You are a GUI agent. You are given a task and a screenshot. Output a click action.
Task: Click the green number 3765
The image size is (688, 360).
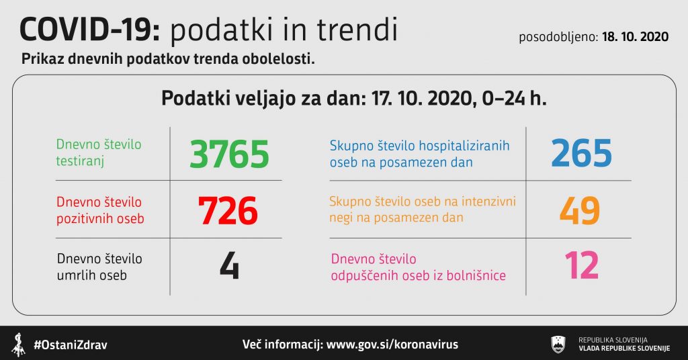click(x=229, y=154)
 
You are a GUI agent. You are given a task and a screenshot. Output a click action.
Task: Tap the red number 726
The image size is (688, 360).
click(x=228, y=211)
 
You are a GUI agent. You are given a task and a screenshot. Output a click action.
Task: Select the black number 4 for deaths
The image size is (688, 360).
click(x=230, y=265)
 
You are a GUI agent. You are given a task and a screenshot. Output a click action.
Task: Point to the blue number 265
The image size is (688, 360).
click(x=581, y=153)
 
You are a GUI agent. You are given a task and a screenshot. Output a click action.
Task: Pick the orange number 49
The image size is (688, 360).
click(x=580, y=210)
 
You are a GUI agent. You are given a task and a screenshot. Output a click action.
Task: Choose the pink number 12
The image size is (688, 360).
click(x=581, y=265)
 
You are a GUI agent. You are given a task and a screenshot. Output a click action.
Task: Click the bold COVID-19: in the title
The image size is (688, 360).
click(x=91, y=30)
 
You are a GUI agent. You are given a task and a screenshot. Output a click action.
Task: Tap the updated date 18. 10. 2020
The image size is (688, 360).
click(x=636, y=37)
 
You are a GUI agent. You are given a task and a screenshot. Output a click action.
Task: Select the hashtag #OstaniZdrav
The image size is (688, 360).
click(x=70, y=345)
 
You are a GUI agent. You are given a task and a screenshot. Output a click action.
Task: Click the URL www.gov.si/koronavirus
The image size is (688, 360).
click(x=392, y=344)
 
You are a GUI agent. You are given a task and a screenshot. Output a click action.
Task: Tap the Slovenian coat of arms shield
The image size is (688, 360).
click(x=558, y=344)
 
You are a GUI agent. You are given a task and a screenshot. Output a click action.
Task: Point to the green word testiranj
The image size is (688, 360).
click(x=80, y=161)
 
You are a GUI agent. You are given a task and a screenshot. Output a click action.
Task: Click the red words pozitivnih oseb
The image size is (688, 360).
click(x=100, y=218)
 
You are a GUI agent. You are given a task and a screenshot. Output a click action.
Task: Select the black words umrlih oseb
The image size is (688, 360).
click(x=91, y=275)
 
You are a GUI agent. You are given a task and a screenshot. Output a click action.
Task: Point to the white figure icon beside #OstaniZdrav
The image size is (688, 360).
click(x=18, y=345)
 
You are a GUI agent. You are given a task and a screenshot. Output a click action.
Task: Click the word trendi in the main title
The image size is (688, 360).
click(x=357, y=30)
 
